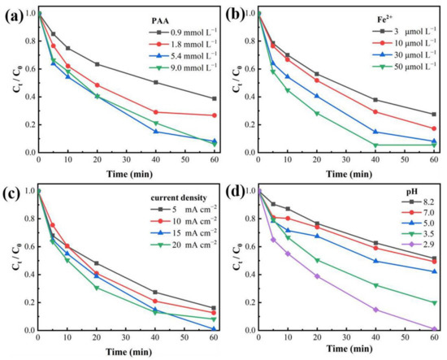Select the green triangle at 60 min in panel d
(x=435, y=302)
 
